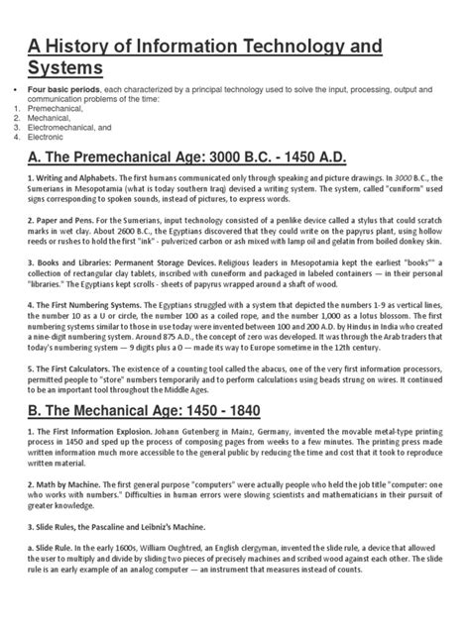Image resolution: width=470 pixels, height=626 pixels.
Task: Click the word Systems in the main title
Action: (59, 68)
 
